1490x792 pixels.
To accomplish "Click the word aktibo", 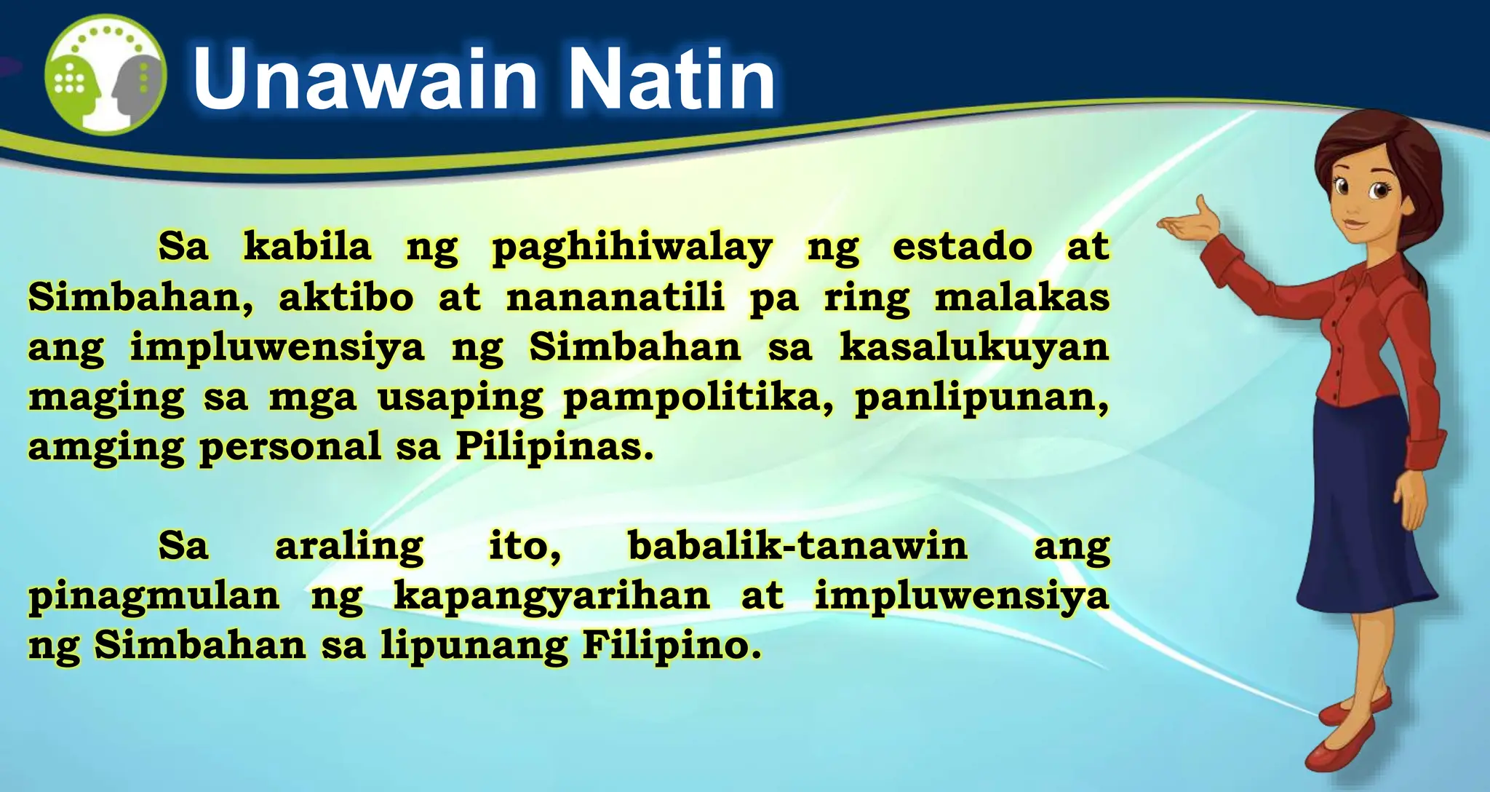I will pyautogui.click(x=346, y=297).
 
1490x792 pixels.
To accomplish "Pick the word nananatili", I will pyautogui.click(x=615, y=297).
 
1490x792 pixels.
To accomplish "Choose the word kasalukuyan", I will pyautogui.click(x=974, y=348).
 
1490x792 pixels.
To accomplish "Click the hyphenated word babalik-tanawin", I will pyautogui.click(x=797, y=546).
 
